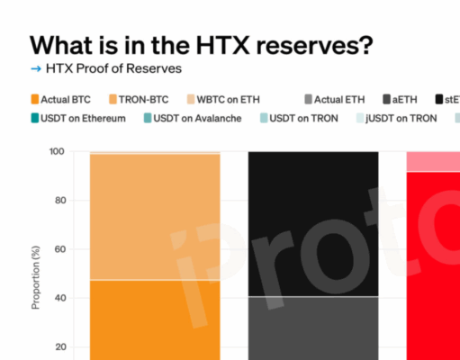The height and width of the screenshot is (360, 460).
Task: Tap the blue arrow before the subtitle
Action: [x=35, y=68]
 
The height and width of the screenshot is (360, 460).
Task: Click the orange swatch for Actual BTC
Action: [x=35, y=98]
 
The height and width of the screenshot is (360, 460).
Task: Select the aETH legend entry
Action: [x=407, y=98]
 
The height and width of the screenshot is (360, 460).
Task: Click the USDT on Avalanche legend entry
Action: [x=196, y=118]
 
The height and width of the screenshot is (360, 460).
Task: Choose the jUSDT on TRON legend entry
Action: [x=406, y=118]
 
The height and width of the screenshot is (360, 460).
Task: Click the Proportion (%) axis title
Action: [x=37, y=270]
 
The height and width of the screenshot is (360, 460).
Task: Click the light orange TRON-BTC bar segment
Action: [x=155, y=216]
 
